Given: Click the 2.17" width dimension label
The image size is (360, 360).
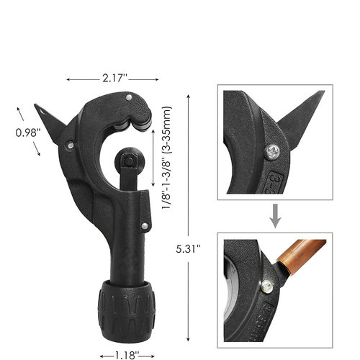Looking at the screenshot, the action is pyautogui.click(x=114, y=78).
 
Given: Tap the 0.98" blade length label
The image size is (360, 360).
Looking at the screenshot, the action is pyautogui.click(x=28, y=132).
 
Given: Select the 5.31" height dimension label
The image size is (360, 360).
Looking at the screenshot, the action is pyautogui.click(x=188, y=249).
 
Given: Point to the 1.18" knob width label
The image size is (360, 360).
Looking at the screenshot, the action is pyautogui.click(x=127, y=356).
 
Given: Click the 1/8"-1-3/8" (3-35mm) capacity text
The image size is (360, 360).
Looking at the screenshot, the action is pyautogui.click(x=166, y=158).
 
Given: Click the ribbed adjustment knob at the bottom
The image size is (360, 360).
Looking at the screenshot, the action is pyautogui.click(x=127, y=310).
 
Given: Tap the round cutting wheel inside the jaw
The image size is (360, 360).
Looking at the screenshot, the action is pyautogui.click(x=128, y=161).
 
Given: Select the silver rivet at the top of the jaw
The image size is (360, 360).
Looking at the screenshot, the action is pyautogui.click(x=129, y=97).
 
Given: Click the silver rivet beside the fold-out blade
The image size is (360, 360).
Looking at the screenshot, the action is pyautogui.click(x=71, y=145).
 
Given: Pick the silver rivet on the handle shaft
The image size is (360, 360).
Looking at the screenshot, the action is pyautogui.click(x=145, y=226).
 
